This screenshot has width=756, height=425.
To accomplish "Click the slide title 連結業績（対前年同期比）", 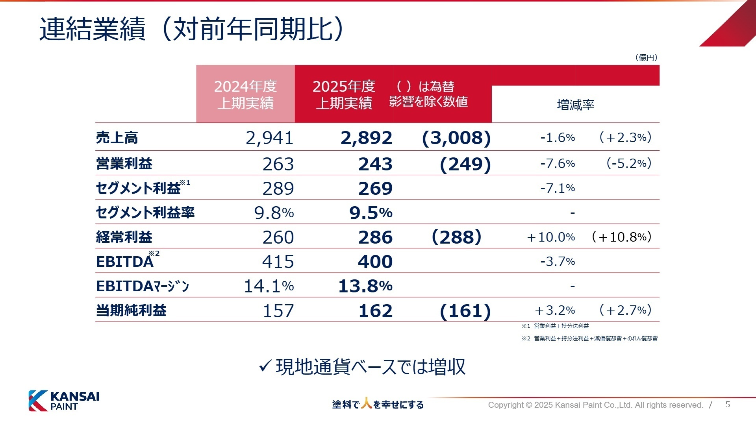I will (x=191, y=29).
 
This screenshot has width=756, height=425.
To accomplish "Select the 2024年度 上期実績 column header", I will (x=245, y=94).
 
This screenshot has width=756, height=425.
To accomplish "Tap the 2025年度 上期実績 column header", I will (x=344, y=94).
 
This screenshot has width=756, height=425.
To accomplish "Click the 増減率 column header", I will (x=575, y=105).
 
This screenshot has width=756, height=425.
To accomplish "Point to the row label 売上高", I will (x=117, y=138).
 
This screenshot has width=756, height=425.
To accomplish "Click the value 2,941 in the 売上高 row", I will (x=269, y=138).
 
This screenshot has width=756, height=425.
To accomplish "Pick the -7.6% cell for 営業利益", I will (x=558, y=163).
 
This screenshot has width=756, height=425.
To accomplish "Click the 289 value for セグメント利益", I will (x=278, y=188).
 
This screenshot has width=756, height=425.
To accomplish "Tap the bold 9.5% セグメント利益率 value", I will (x=371, y=213).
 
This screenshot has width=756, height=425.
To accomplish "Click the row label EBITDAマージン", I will (x=143, y=286).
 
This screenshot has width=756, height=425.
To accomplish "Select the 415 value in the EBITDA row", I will (x=278, y=262).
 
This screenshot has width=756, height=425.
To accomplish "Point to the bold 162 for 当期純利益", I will (x=375, y=311).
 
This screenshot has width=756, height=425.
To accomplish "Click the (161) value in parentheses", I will (x=465, y=311).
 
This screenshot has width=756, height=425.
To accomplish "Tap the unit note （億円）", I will (x=646, y=57).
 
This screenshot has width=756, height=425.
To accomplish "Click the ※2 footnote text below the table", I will (x=589, y=338).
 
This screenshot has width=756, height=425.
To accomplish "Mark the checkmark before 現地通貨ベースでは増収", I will (x=265, y=366).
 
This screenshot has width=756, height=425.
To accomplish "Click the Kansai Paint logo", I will (x=64, y=401).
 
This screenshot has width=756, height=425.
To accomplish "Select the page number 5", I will (x=728, y=405).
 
